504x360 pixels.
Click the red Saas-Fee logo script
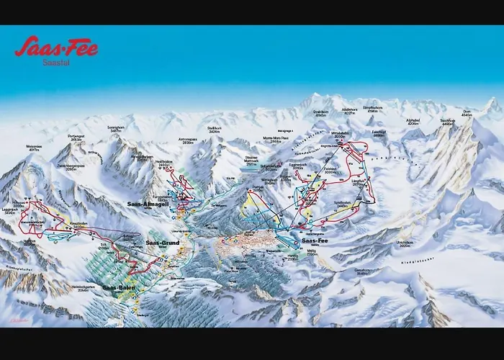coord(56,48)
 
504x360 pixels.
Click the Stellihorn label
coord(214,132)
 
